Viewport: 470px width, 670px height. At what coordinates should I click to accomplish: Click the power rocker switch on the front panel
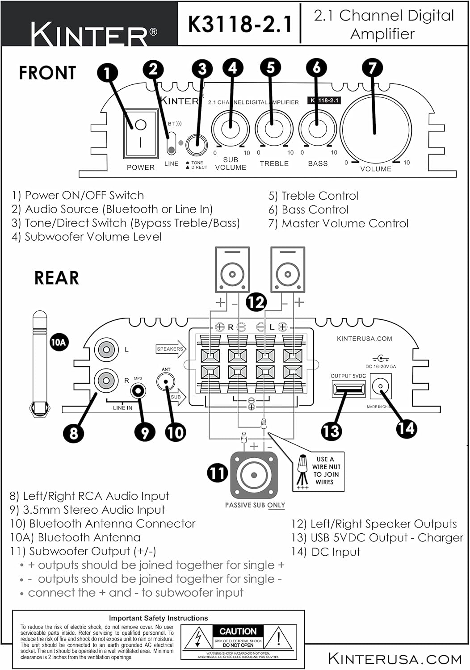[x=141, y=133]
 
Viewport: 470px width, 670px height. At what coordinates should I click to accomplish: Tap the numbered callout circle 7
[x=372, y=68]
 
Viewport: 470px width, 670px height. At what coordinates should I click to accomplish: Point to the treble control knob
[x=273, y=129]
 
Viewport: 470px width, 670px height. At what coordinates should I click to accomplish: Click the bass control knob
[x=317, y=129]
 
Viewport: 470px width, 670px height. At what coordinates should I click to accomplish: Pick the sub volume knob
[x=231, y=129]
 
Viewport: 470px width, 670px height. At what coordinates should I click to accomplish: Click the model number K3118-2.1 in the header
[x=239, y=24]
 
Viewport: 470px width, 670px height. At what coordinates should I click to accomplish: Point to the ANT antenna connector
[x=166, y=382]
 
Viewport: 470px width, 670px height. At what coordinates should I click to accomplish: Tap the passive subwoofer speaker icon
[x=254, y=476]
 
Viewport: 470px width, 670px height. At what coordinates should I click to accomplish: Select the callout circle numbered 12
[x=256, y=302]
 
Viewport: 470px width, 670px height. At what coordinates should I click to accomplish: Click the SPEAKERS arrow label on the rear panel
[x=171, y=349]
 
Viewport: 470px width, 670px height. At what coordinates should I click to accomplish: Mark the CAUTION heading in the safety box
[x=238, y=631]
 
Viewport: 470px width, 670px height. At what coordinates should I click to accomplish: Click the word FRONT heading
[x=47, y=73]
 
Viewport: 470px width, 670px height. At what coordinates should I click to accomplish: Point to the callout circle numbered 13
[x=331, y=431]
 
